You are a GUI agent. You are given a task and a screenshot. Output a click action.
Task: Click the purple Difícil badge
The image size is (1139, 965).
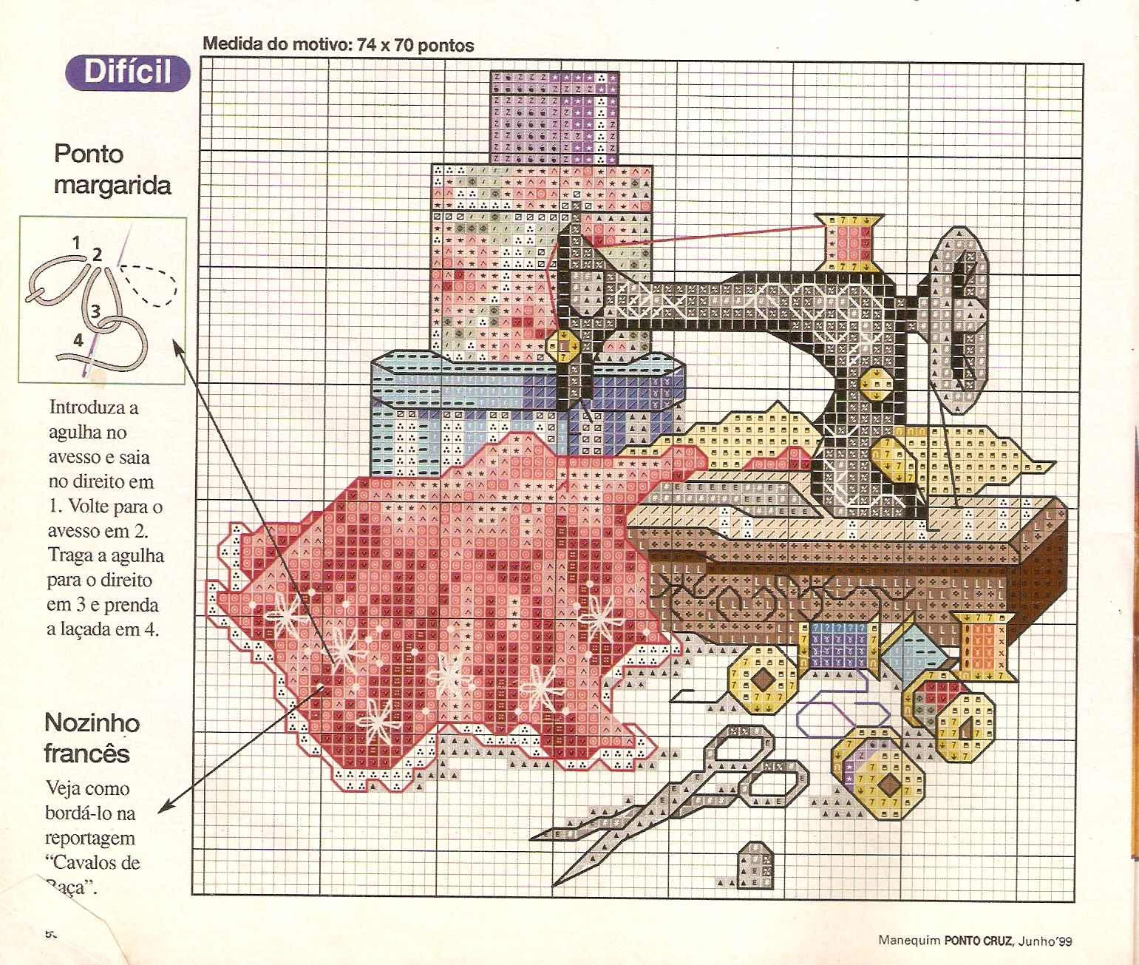(x=128, y=72)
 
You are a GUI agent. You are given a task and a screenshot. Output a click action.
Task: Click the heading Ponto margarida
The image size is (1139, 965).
(x=112, y=169)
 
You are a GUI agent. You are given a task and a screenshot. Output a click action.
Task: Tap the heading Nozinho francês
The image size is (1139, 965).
(x=91, y=738)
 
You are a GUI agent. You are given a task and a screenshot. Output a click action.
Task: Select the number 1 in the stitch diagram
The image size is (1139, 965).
(x=76, y=241)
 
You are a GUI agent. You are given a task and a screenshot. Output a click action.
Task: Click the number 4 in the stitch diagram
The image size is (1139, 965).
(x=78, y=340)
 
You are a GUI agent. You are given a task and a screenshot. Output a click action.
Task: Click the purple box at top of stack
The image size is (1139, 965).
(x=554, y=117)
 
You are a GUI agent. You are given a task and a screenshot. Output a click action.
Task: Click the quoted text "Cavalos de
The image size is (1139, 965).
(x=92, y=862)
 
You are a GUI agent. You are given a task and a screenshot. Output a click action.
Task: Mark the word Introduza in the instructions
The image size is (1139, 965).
(x=94, y=407)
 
